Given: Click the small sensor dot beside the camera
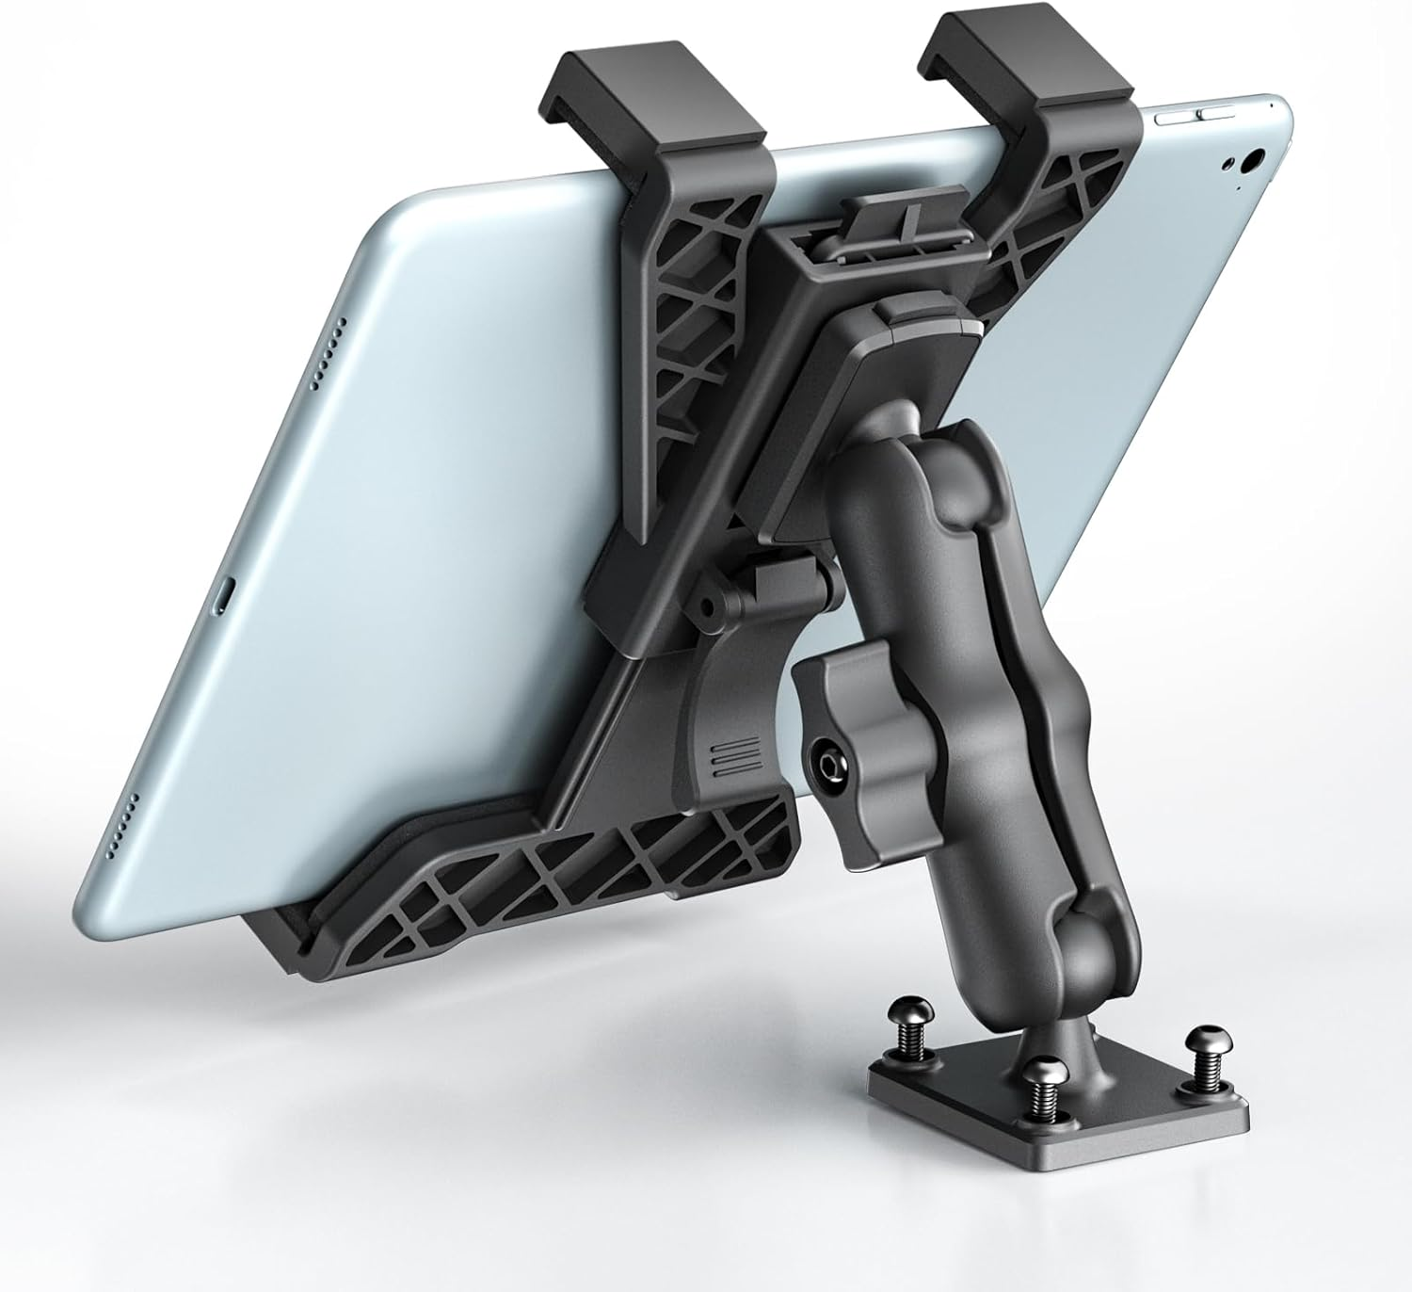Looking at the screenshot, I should (1230, 163).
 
